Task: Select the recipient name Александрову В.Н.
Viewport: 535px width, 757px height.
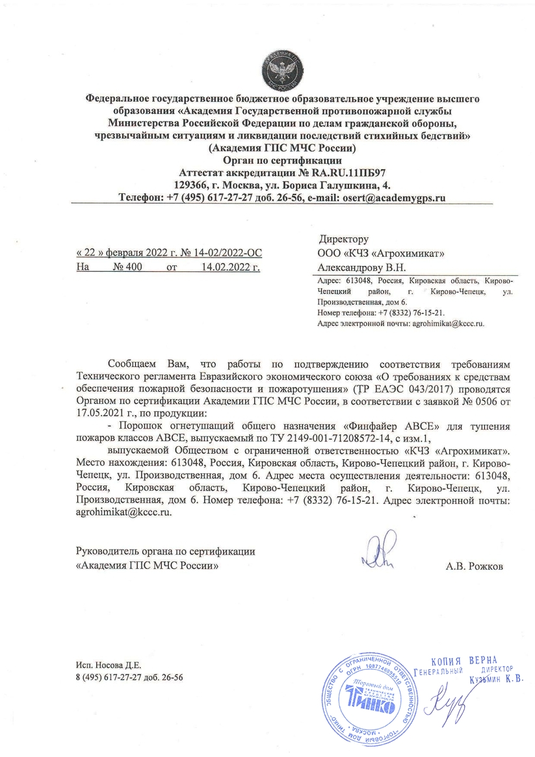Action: [361, 267]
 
